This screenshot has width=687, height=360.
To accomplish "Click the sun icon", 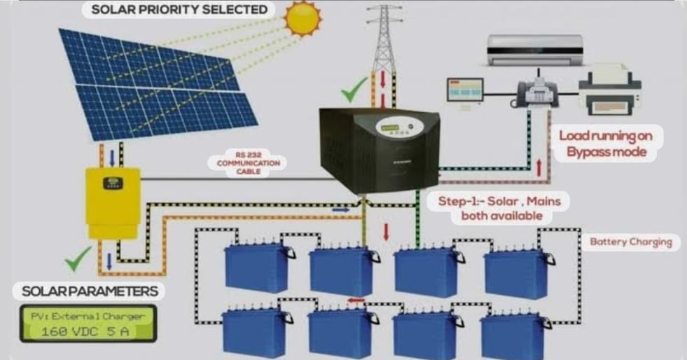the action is pos(303,18).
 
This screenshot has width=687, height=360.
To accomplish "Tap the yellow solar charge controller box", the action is pos(113,203).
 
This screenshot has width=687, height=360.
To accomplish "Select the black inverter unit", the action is pos(380,150).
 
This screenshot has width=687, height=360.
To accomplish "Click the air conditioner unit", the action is pos(536,50).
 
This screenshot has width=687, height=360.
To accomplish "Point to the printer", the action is pos(610,90).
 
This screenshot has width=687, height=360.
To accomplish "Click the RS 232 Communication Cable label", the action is pos(249,163).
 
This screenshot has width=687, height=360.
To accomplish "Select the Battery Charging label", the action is pos(631,242).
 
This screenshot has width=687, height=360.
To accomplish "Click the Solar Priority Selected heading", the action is pos(179,10).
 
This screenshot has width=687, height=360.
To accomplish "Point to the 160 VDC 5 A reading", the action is pos(86,331).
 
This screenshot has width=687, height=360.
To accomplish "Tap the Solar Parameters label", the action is pos(90,291).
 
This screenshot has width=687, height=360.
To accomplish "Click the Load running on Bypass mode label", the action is pos(606,144).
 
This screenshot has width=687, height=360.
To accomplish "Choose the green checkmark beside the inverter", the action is pos(354,90).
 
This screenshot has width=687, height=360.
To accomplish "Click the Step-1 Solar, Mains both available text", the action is pos(499,208).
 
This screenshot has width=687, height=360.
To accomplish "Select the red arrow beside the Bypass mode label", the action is pos(539,168).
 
